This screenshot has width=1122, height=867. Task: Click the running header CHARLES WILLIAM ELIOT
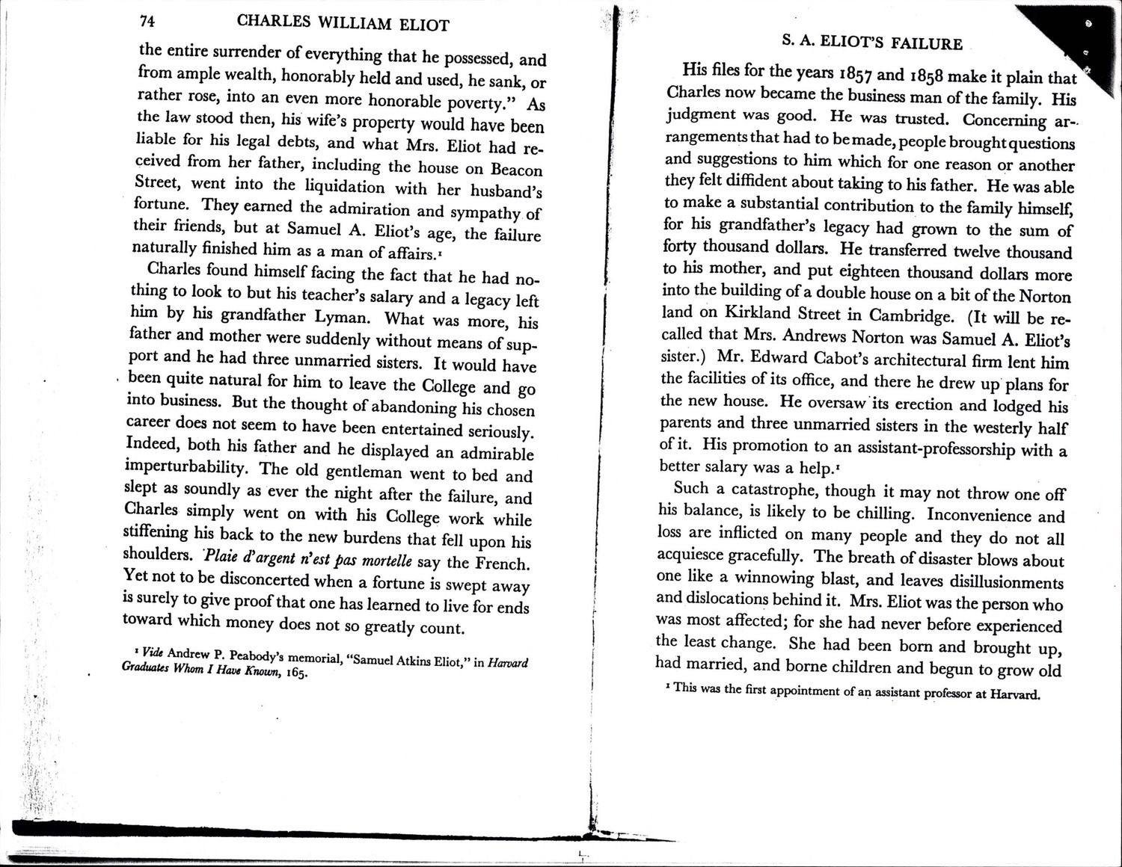point(343,23)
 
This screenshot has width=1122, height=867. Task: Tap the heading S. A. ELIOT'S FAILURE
point(872,43)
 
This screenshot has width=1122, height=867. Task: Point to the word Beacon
point(516,169)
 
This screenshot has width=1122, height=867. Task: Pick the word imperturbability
point(186,468)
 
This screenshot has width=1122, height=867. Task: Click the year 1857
point(846,75)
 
